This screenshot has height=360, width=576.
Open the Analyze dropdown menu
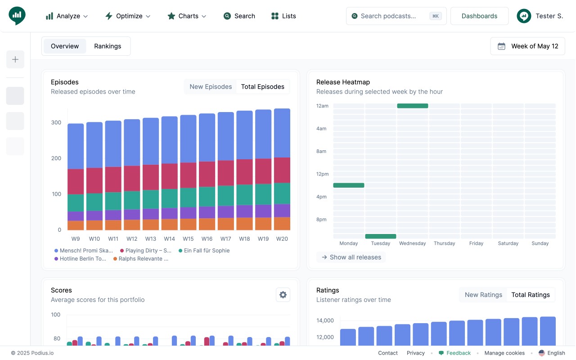67,16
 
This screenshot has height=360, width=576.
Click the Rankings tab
108,46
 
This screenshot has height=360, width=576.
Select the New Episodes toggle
211,87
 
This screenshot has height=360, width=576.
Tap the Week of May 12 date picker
528,46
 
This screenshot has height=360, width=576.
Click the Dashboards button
479,16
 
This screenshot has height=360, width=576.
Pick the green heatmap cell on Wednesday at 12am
413,106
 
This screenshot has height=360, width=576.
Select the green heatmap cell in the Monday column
349,185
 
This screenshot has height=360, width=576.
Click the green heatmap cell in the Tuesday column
381,236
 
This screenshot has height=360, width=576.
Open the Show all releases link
351,257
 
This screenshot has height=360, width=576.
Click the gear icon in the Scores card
283,295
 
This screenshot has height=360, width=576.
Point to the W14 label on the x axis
169,239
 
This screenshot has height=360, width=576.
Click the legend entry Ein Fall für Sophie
204,251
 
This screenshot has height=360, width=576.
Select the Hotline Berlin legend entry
80,259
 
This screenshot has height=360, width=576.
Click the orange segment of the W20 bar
282,224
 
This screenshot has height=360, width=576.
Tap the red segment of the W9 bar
76,181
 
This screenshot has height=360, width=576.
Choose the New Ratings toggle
483,295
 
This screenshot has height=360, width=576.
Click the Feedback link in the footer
455,353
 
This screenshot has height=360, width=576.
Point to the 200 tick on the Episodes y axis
56,158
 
